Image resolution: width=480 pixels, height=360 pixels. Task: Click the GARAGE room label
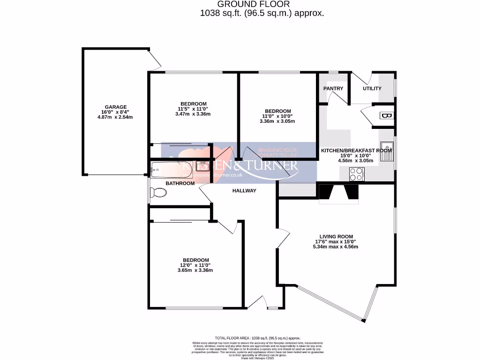[115, 107]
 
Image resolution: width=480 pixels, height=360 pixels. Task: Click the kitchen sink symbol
[387, 151]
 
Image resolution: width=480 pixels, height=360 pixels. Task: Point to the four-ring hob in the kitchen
[356, 174]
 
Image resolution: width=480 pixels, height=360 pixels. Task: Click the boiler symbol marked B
[387, 116]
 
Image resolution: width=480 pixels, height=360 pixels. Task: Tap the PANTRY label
[333, 89]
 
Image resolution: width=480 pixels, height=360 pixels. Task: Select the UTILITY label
[372, 89]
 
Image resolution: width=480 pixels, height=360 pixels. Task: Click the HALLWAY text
[244, 191]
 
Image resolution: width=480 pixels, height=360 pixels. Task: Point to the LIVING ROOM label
[336, 237]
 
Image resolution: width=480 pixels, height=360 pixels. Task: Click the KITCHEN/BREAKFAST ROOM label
[356, 150]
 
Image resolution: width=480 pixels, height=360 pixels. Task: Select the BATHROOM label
[180, 183]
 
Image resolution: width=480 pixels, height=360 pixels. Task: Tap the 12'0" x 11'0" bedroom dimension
[195, 265]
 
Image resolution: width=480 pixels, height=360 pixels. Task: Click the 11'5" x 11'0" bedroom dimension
[193, 109]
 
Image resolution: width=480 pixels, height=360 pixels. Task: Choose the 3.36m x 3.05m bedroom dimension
[277, 121]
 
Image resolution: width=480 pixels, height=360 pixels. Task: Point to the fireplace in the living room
[338, 193]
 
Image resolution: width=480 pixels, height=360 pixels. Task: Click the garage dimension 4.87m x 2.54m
[115, 117]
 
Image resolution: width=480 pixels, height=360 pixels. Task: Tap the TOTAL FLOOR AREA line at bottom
[257, 338]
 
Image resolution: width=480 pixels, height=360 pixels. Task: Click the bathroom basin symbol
[202, 165]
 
